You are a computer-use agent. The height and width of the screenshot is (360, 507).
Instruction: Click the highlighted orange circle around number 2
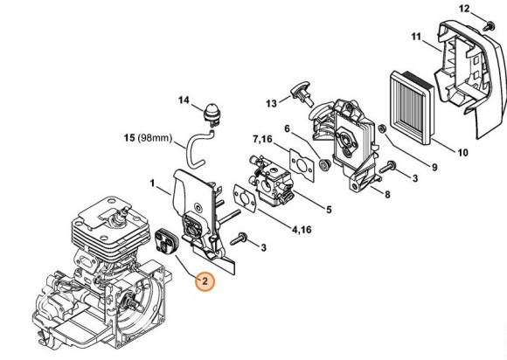coord(204,282)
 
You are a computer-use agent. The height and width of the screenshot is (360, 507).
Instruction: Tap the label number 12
coord(465,9)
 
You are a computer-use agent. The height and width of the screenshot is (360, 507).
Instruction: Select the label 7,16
coord(262,139)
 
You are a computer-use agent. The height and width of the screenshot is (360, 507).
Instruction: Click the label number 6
coord(286,128)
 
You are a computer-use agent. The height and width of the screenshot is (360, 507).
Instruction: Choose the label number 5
coord(329,210)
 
